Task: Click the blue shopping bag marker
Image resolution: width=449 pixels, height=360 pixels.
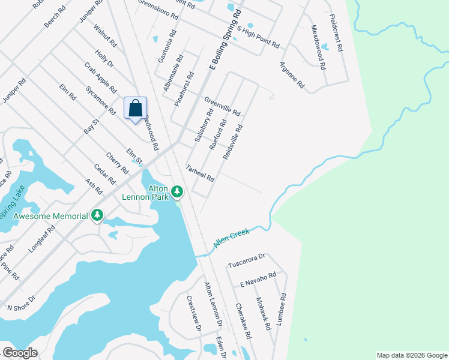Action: point(136,109)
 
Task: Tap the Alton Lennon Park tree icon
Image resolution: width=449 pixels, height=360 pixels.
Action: point(177,192)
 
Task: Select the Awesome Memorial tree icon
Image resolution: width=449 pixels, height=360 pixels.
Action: point(97,215)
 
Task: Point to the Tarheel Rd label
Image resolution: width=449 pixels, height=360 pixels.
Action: point(200,173)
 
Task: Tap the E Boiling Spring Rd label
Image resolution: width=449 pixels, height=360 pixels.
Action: point(224,40)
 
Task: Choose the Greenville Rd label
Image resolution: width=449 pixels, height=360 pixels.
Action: point(222,107)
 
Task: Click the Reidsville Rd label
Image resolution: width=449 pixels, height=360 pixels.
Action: point(232,142)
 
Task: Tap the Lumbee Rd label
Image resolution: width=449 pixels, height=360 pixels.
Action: point(281,309)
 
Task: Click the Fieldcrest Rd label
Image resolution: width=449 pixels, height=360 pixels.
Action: point(336,34)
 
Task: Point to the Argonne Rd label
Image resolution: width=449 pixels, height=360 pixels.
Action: point(292,76)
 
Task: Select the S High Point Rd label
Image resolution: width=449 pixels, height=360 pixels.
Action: point(258,37)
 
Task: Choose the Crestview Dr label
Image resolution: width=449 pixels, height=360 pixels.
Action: point(193,314)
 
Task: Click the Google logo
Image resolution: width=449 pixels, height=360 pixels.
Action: point(20,352)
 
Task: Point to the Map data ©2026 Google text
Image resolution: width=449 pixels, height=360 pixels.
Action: point(411,355)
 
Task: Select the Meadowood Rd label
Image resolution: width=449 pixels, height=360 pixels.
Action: point(318,47)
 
